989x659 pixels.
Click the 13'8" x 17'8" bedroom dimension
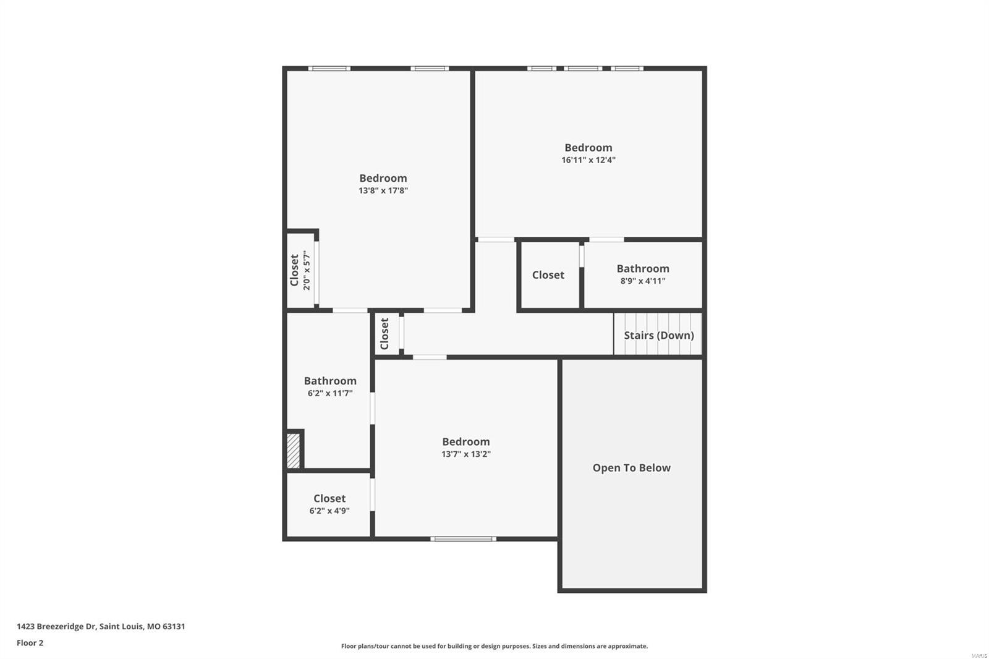(383, 190)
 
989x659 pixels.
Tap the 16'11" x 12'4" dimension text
(588, 160)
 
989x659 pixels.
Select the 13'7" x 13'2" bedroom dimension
(465, 454)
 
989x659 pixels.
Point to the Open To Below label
(631, 468)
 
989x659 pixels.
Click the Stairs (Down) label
(658, 335)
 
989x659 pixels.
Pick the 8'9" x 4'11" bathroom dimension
(643, 281)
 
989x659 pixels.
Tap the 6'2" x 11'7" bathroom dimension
(330, 393)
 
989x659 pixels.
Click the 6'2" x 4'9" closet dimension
(329, 511)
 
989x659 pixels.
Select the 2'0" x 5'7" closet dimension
(307, 270)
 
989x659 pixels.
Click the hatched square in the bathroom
(294, 451)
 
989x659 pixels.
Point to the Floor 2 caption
(30, 643)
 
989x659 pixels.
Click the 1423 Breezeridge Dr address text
(101, 626)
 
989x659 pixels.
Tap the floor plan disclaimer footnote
(494, 646)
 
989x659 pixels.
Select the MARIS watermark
(978, 655)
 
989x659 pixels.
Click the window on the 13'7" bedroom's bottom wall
(463, 539)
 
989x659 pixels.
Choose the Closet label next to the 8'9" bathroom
(548, 275)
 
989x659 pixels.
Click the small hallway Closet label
(384, 334)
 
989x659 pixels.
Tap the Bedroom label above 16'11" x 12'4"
(588, 148)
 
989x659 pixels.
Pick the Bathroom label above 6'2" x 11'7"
(330, 381)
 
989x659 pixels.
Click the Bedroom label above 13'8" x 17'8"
(383, 178)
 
